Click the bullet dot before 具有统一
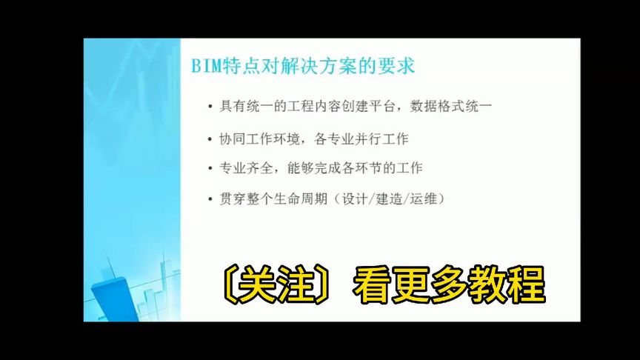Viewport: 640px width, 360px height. (211, 107)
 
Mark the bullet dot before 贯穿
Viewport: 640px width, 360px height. (211, 200)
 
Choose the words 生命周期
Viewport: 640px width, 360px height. (304, 199)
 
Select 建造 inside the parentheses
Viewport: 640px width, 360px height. (393, 199)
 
